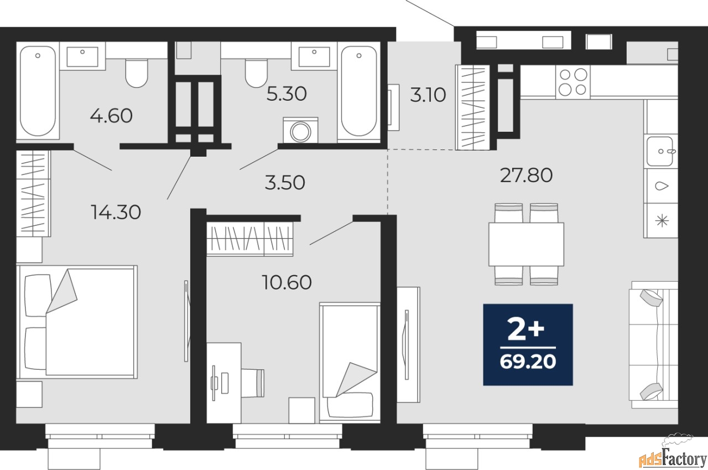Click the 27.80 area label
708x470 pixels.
click(526, 175)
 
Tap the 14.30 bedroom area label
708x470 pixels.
click(116, 211)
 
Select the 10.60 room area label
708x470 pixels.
click(287, 283)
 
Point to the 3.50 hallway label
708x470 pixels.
click(285, 182)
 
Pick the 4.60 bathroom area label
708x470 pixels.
click(111, 116)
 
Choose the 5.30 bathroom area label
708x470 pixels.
click(286, 94)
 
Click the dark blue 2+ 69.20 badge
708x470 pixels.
click(528, 344)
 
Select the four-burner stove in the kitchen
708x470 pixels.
click(572, 81)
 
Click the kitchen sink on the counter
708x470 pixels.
click(661, 150)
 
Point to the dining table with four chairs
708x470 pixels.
click(526, 244)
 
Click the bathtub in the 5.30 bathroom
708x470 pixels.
click(359, 91)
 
